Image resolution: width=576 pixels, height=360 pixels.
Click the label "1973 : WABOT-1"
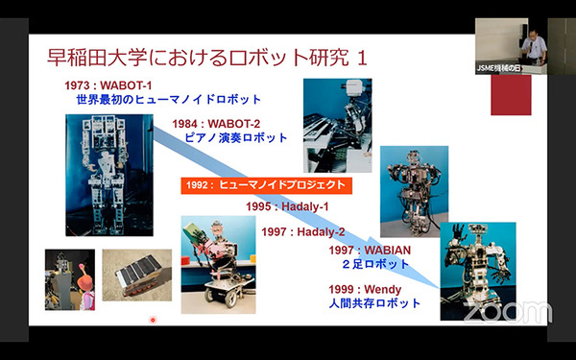tap(111, 84)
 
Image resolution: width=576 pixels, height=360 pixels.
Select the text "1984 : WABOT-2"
tap(217, 123)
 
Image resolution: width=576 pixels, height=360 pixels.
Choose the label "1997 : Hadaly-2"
tap(303, 231)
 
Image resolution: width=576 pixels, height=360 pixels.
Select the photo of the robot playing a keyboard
tap(337, 125)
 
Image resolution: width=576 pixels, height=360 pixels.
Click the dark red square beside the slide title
tap(511, 93)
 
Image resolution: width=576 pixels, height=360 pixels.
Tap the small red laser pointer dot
tap(152, 320)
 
